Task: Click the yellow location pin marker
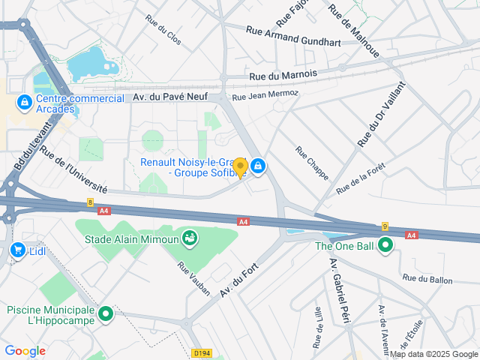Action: (240, 168)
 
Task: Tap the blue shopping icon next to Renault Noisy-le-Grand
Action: (258, 166)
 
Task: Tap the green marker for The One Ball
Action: (385, 245)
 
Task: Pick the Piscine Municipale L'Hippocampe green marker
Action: (106, 313)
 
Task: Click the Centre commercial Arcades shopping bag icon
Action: (24, 101)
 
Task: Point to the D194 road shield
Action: (200, 352)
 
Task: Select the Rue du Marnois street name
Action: (283, 75)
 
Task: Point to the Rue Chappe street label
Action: (311, 163)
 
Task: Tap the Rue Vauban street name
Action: (194, 277)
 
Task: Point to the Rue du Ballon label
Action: (427, 279)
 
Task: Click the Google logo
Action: (25, 351)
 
